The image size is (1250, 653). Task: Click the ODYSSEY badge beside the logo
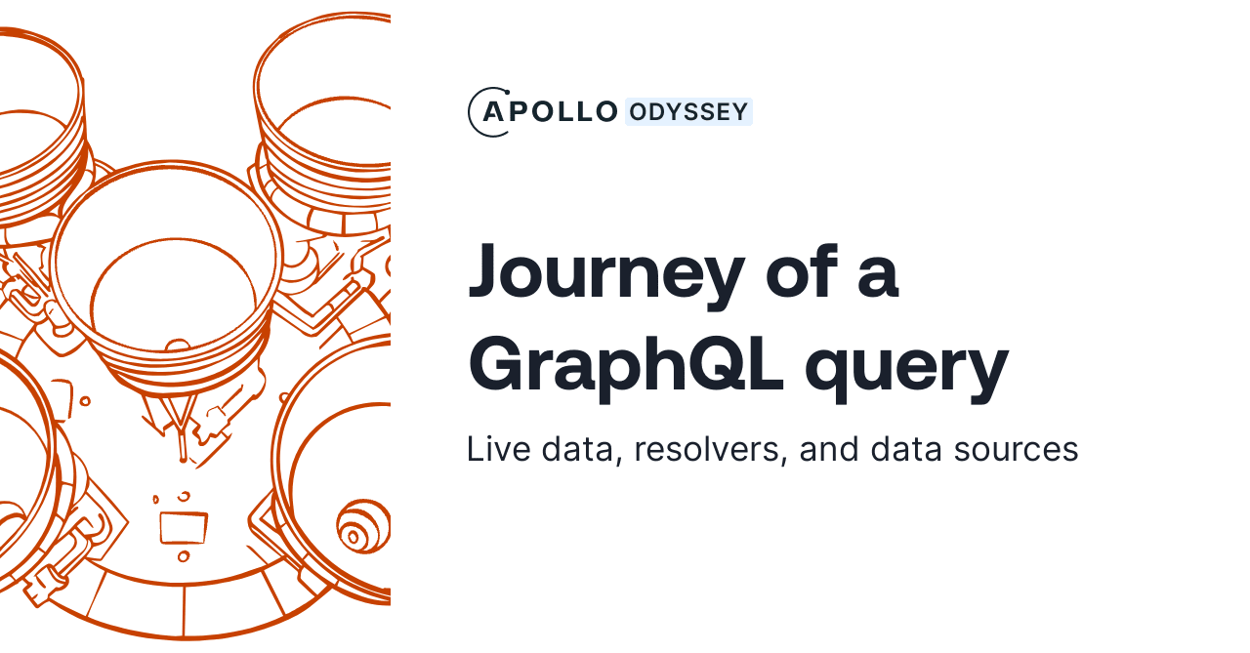688,112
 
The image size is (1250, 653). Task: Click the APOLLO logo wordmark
551,112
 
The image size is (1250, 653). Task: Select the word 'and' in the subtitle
830,449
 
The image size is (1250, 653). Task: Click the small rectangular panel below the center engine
184,527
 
